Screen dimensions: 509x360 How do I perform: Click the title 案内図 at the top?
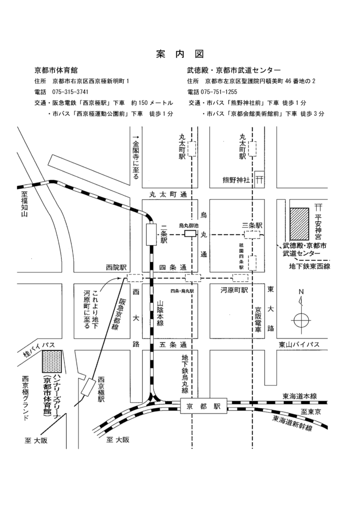click(180, 54)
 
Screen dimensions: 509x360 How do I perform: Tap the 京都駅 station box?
click(203, 406)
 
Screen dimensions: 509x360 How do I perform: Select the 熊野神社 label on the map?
click(238, 180)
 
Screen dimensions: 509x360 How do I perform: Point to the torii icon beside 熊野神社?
click(260, 178)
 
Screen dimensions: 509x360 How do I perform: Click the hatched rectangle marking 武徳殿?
click(300, 223)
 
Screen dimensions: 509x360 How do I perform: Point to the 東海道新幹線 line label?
click(292, 423)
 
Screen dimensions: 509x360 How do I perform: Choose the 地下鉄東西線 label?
click(310, 266)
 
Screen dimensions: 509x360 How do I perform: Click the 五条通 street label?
click(169, 344)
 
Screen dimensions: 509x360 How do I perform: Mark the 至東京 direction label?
click(312, 412)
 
